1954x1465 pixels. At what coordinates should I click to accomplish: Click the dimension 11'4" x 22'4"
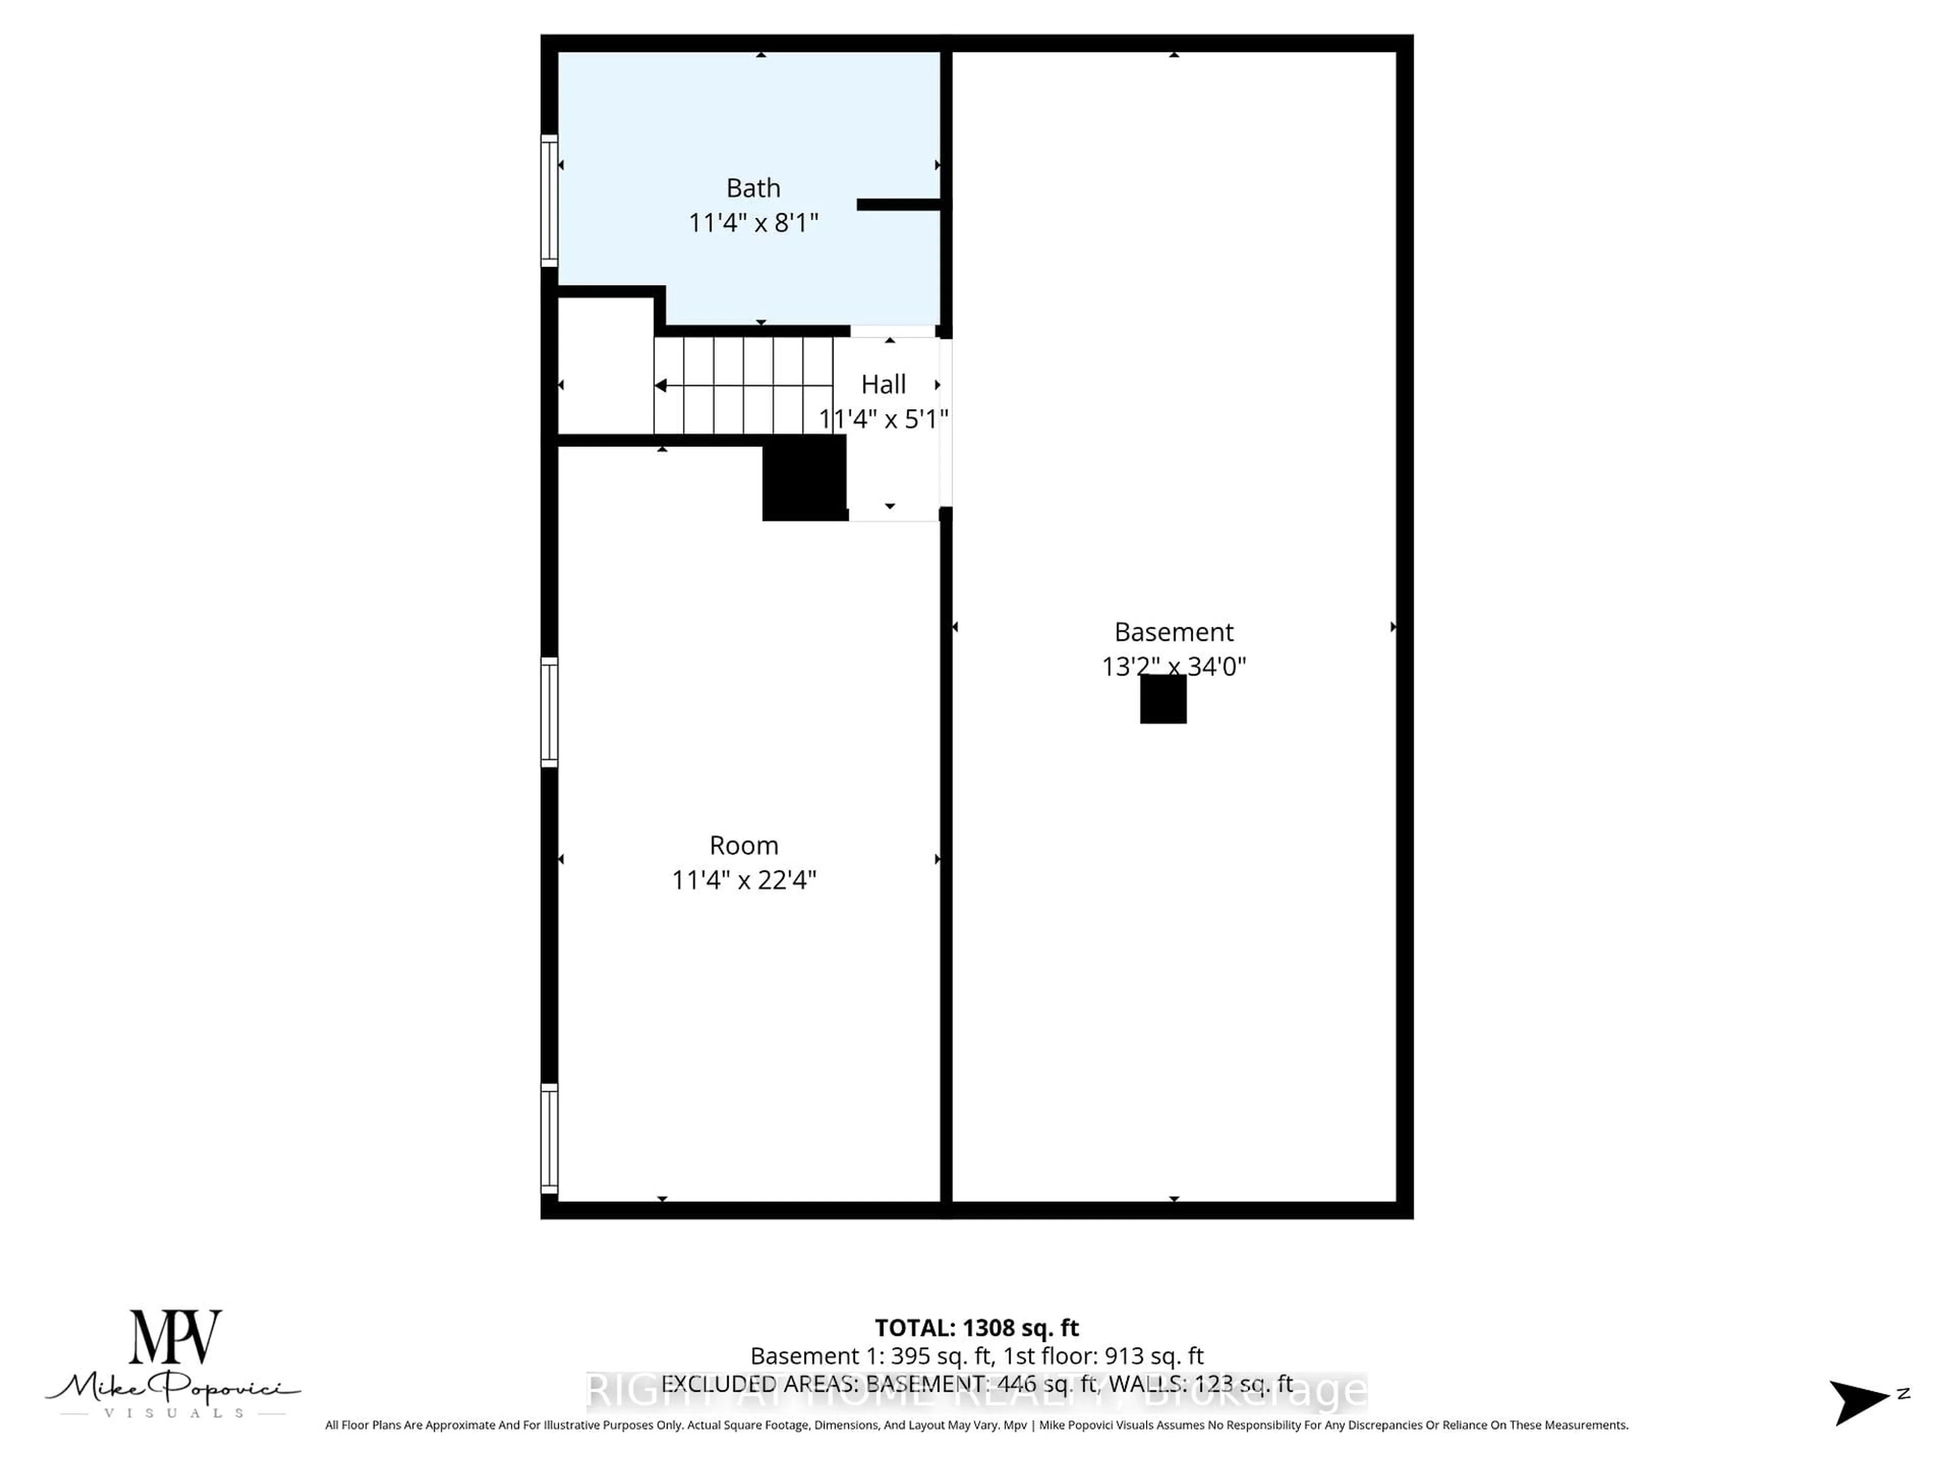(x=744, y=881)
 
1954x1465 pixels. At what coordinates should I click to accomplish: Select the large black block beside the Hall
(x=804, y=480)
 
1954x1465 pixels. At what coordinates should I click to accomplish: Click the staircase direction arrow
(x=661, y=386)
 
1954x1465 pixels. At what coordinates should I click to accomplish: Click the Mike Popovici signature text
(x=173, y=1389)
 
